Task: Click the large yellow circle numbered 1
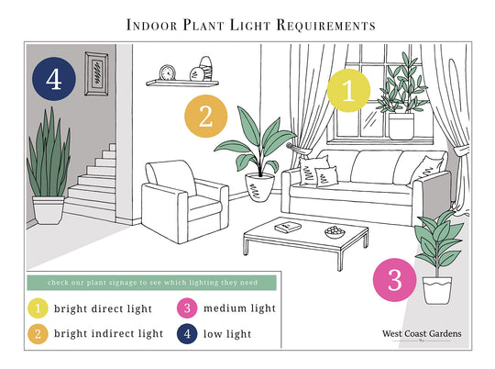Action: tap(348, 91)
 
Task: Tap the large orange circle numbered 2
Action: tap(206, 116)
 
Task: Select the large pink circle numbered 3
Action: tap(394, 280)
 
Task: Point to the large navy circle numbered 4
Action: tap(54, 79)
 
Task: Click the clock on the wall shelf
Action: tap(168, 73)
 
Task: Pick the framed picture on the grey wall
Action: tap(96, 73)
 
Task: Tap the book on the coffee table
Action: tap(288, 227)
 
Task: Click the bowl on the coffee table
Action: tap(335, 232)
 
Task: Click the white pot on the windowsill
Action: tap(401, 126)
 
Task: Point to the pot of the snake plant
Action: tap(49, 210)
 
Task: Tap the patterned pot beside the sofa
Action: tap(259, 187)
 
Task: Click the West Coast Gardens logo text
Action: tap(422, 333)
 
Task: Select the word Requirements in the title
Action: tap(325, 25)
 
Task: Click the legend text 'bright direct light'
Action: tap(104, 308)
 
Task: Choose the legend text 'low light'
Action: tap(227, 334)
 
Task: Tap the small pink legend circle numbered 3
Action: tap(187, 308)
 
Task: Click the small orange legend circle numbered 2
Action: tap(38, 334)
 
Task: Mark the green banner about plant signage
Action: tap(152, 283)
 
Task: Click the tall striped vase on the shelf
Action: tap(206, 69)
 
